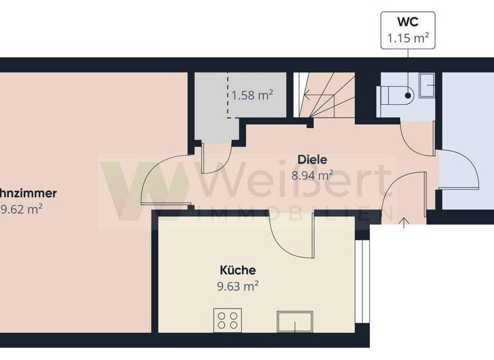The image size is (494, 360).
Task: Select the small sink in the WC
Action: (427, 85)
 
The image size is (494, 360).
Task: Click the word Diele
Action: (313, 159)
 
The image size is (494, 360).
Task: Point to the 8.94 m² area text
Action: (313, 174)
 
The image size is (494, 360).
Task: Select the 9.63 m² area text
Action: (239, 286)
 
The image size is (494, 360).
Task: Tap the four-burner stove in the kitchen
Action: (228, 319)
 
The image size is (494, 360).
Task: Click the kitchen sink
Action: (296, 319)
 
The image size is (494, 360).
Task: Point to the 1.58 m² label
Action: (252, 96)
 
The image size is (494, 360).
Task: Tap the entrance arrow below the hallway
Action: (403, 222)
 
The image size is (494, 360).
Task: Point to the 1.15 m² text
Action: (407, 38)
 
